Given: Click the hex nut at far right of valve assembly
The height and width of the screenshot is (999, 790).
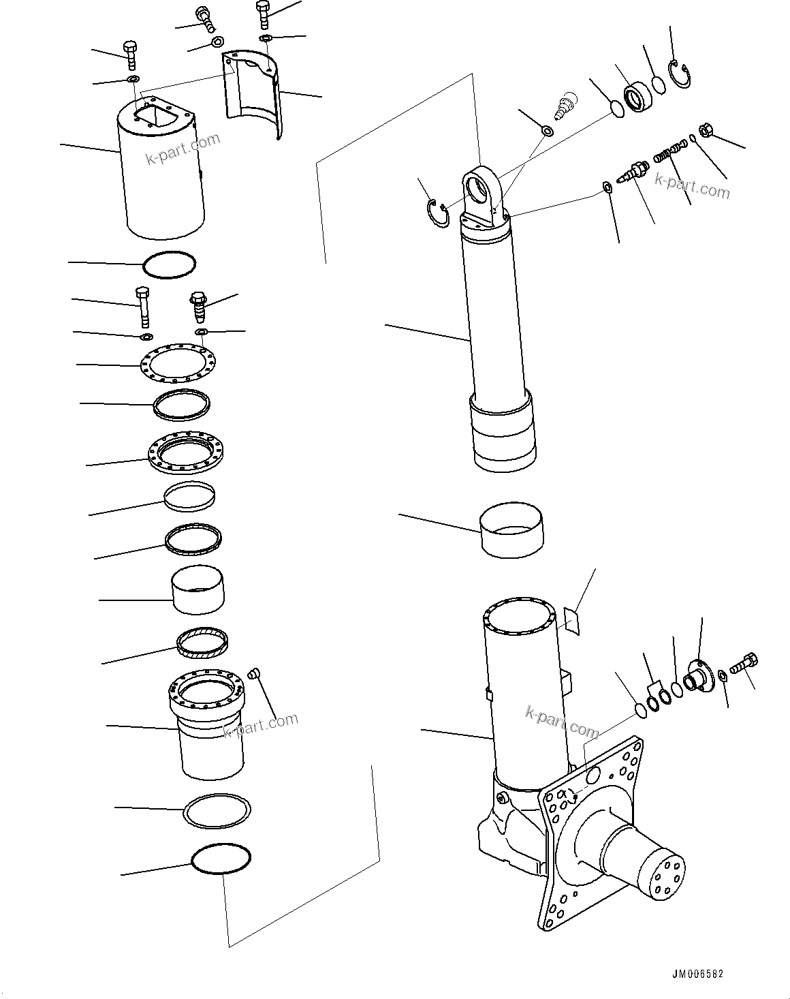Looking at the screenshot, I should (x=706, y=130).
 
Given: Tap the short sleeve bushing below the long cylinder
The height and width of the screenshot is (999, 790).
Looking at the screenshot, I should (x=512, y=531).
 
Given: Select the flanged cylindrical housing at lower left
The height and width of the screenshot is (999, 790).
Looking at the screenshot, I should (x=206, y=722).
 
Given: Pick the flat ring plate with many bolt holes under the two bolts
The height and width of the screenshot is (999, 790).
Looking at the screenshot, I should (x=179, y=365).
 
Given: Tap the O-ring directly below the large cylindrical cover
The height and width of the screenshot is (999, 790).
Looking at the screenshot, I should (x=170, y=264).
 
